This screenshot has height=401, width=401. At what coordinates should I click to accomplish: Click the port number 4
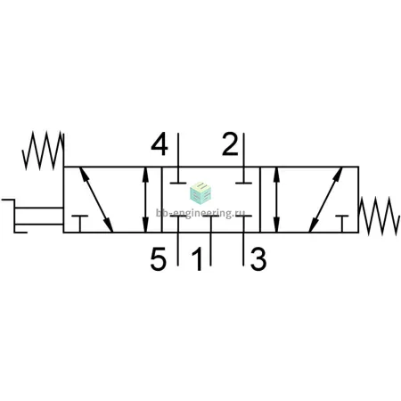tap(160, 144)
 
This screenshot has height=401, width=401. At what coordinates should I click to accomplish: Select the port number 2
tap(230, 144)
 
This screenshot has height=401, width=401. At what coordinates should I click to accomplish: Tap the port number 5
tap(158, 259)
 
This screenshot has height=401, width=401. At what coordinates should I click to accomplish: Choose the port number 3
tap(258, 259)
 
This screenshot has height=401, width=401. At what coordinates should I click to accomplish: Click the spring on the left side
tap(43, 151)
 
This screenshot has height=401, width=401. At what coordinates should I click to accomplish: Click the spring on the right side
tap(379, 216)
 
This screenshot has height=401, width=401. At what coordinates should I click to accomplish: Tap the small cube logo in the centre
tap(200, 193)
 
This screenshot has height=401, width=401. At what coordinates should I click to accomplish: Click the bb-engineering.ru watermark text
tap(200, 213)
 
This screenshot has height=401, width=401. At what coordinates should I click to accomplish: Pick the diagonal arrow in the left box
tap(96, 200)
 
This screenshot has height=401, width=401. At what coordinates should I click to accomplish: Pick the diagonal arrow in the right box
tap(326, 200)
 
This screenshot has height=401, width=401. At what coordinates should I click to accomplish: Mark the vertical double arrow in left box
tap(145, 200)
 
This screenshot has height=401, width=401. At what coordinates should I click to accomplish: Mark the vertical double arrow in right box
tap(276, 200)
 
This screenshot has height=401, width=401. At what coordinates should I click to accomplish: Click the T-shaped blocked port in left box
tap(80, 224)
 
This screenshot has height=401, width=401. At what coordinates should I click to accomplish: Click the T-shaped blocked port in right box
tap(342, 224)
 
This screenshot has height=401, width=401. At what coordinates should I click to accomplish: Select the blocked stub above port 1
tap(210, 224)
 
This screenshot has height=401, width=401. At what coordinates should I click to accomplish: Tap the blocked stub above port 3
tap(243, 224)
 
